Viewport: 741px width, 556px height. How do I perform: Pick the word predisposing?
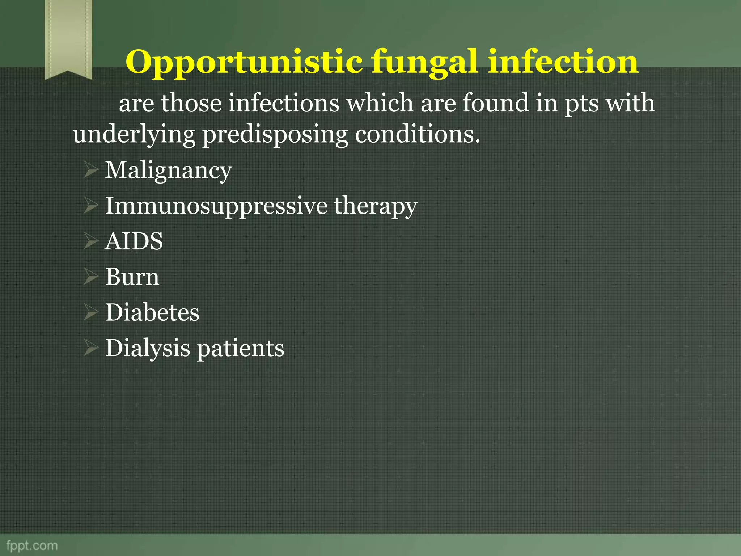click(275, 135)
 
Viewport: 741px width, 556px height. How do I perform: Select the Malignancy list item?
click(168, 170)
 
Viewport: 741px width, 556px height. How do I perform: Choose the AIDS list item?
click(134, 241)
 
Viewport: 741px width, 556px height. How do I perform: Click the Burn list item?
click(132, 277)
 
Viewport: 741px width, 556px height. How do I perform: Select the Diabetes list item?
click(152, 312)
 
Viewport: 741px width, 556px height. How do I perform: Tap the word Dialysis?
click(148, 349)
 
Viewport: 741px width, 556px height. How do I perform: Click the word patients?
click(240, 349)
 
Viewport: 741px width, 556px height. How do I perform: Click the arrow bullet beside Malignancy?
click(90, 170)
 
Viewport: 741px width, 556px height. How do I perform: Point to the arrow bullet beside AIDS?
click(90, 241)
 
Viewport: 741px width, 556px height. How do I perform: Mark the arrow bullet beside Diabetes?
click(90, 313)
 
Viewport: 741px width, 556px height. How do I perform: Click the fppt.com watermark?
click(32, 546)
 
